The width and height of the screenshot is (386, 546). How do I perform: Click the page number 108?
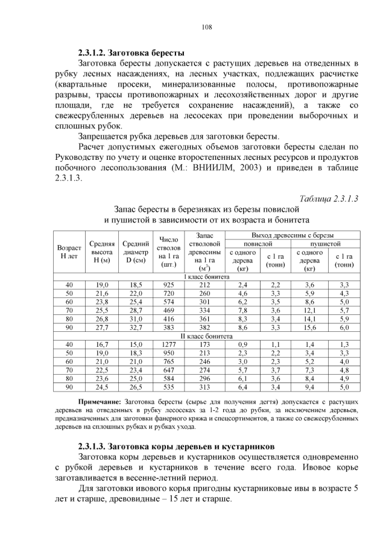click(205, 27)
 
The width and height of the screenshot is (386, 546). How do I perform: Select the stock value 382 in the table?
click(205, 327)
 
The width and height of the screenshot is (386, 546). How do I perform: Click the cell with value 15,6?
click(309, 327)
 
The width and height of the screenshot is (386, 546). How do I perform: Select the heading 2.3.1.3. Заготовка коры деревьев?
click(176, 446)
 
